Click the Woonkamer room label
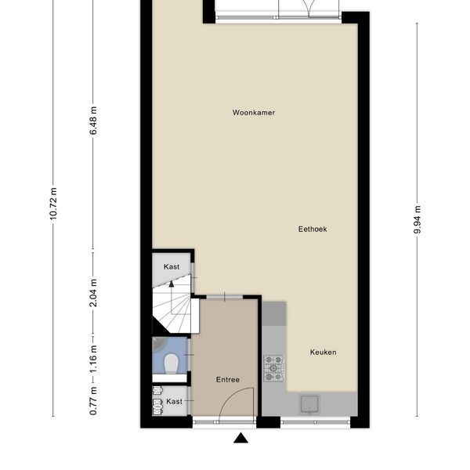254,113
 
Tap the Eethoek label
313,230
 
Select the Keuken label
323,352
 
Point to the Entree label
228,380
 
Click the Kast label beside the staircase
172,267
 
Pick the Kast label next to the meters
174,401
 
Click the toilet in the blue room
172,363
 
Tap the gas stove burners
274,368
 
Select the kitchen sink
309,404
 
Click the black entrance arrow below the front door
240,438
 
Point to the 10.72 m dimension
53,204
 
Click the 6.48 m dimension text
93,121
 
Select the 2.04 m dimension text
93,293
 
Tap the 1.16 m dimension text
93,359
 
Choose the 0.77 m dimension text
93,401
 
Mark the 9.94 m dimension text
418,219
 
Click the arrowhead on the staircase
171,284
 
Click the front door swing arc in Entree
231,394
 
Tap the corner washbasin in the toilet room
158,344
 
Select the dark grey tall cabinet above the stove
274,313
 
